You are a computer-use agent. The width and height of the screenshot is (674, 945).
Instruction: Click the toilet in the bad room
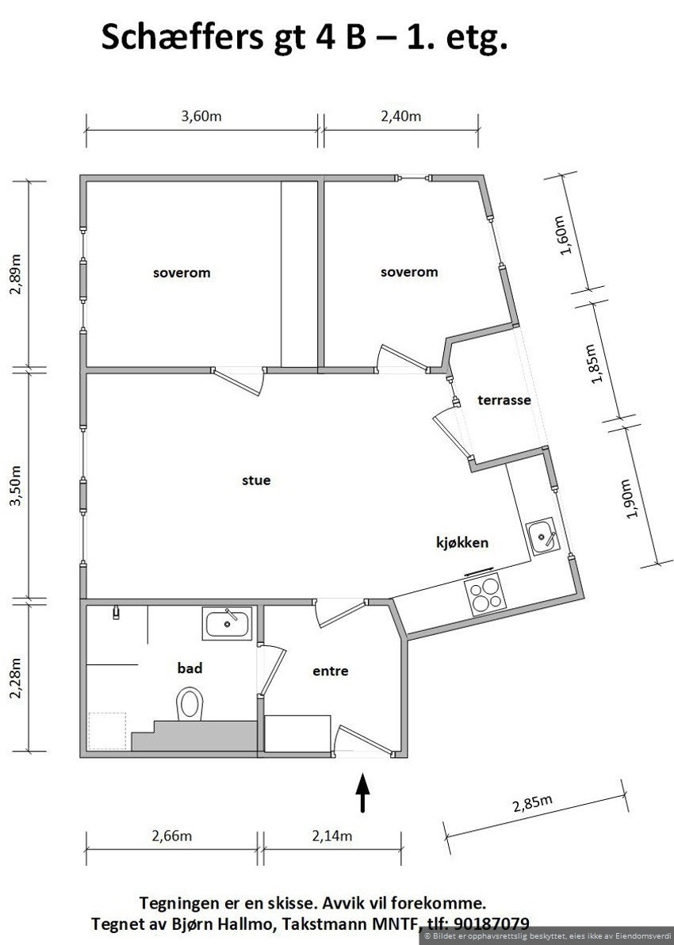190,703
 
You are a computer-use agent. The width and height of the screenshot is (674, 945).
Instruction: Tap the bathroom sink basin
228,624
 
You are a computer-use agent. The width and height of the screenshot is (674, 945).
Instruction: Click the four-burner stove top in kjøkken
485,595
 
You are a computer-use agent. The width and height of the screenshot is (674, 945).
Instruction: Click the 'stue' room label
256,480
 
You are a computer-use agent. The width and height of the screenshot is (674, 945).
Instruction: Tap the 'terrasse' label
504,400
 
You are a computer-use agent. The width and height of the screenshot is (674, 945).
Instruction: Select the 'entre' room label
331,671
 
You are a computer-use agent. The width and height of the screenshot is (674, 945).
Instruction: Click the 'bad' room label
190,668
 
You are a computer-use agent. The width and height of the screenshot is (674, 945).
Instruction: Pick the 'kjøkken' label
461,543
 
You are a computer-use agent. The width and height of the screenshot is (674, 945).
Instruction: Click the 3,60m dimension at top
201,116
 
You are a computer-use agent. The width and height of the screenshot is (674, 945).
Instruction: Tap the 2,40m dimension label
401,116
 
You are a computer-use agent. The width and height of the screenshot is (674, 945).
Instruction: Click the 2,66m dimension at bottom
172,836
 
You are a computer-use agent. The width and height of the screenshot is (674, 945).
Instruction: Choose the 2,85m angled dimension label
532,805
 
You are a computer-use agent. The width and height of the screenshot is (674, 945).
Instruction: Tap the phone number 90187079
488,923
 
